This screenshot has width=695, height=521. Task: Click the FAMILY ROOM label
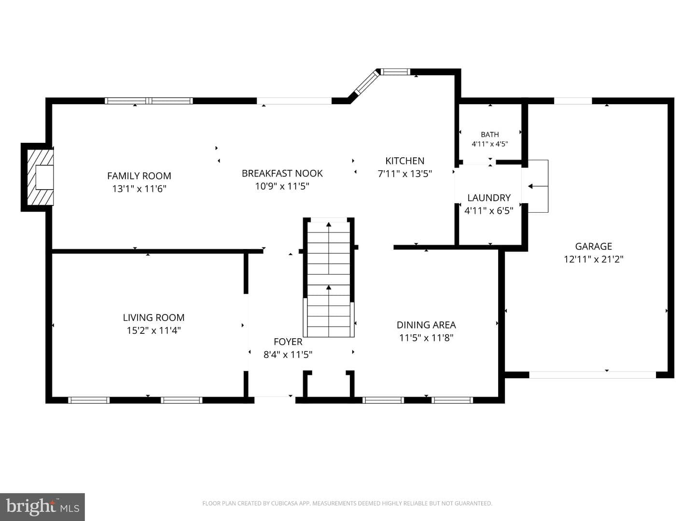[x=139, y=176]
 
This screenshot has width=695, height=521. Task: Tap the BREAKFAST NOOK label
[x=282, y=173]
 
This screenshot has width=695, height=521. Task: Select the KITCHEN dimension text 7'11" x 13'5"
[x=404, y=174]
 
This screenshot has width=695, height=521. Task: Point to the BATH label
[x=489, y=135]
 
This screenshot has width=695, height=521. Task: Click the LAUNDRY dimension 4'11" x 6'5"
[x=488, y=211]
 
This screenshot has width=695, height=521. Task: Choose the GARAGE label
[x=593, y=246]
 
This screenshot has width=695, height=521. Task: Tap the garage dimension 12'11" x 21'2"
[x=593, y=260]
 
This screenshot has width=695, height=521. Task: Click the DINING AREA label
[x=426, y=325]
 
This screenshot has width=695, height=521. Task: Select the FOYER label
[x=288, y=342]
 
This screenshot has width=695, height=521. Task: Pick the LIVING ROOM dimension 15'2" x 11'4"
[x=153, y=330]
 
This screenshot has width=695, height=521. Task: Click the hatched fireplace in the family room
[x=40, y=177]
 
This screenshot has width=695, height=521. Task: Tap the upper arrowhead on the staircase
[x=329, y=224]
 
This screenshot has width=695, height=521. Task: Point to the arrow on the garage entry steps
[x=538, y=186]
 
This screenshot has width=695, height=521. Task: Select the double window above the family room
[x=149, y=101]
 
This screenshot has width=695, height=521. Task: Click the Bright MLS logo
[x=42, y=507]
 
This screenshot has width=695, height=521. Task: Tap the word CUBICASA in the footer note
[x=284, y=503]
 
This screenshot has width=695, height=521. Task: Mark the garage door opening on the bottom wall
[x=592, y=375]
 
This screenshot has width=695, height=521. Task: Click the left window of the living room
[x=89, y=400]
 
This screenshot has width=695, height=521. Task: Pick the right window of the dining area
[x=452, y=400]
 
